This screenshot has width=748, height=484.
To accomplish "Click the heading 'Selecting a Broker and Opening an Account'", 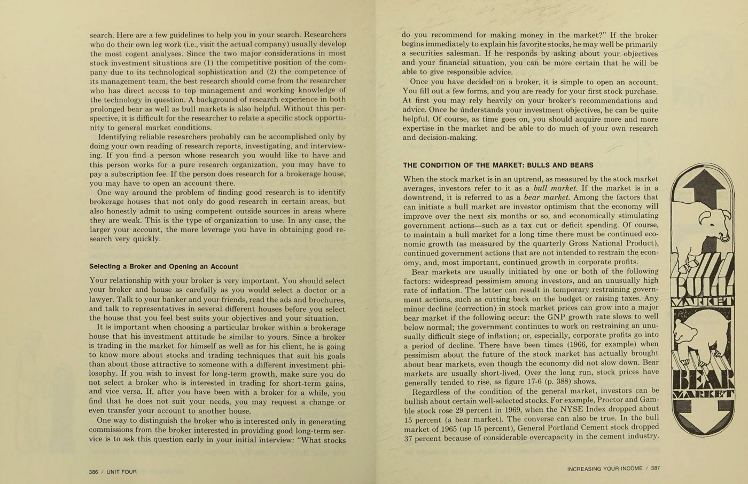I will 163,266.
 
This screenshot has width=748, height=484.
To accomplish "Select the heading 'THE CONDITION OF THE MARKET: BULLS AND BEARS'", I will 498,165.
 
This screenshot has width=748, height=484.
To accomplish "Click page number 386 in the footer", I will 95,472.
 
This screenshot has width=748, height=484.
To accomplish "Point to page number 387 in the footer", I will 655,469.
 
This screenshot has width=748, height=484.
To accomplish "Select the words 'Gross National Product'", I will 595,243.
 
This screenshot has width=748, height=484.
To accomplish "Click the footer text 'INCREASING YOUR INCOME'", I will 604,469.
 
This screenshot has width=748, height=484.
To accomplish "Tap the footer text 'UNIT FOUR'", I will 122,472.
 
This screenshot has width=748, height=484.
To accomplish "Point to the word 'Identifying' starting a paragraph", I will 118,137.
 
